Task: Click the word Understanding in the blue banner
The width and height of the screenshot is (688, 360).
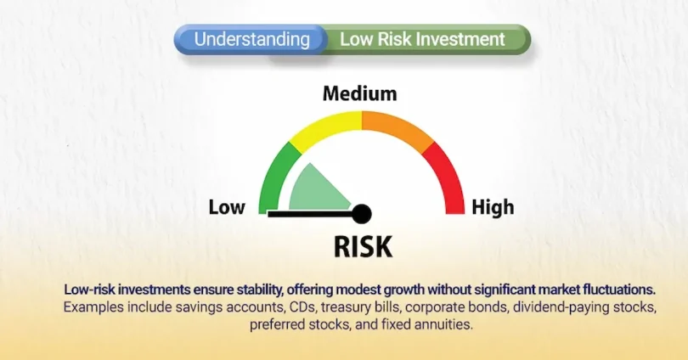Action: (x=251, y=39)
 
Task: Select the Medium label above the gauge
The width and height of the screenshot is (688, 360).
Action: (x=359, y=93)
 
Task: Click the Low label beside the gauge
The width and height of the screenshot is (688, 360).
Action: (x=227, y=207)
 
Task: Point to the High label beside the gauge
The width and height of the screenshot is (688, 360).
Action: (x=493, y=207)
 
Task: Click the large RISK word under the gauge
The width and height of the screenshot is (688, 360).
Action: (x=363, y=246)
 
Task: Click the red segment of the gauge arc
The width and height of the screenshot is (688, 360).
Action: (x=447, y=174)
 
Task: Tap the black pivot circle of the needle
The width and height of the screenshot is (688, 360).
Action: (x=363, y=213)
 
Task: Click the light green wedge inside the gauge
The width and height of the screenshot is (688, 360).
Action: (x=314, y=188)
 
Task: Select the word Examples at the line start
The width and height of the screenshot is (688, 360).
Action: (x=89, y=307)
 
